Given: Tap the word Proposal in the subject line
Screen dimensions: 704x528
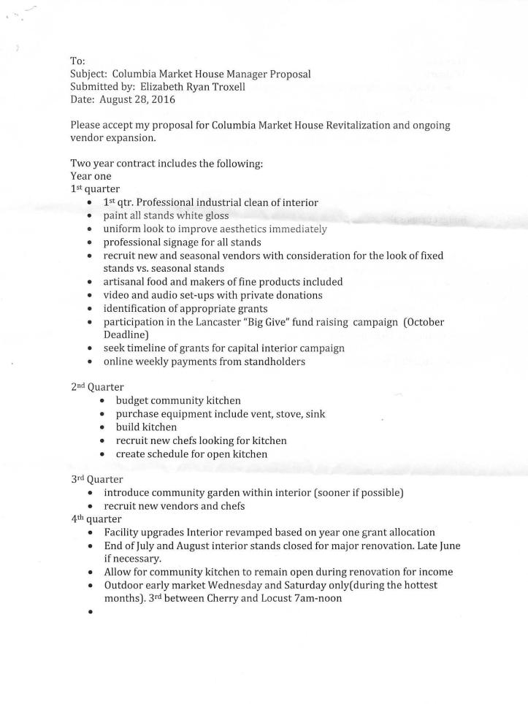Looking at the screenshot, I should tap(286, 74).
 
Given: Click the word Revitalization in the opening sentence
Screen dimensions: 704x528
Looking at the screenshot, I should tap(350, 125).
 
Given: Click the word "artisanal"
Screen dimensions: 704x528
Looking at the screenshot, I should tap(127, 281).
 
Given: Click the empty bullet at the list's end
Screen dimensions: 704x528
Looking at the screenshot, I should tap(89, 612).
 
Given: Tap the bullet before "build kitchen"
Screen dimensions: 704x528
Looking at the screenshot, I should tap(102, 427).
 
